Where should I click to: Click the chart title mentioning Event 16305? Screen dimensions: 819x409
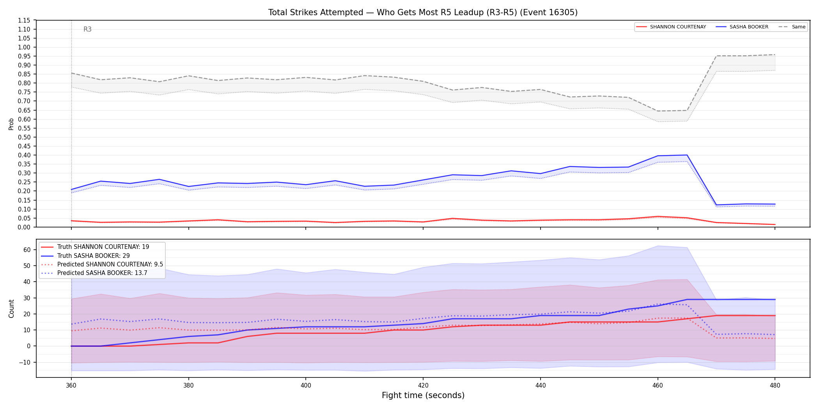[x=423, y=12]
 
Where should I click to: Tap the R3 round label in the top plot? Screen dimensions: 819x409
[x=87, y=29]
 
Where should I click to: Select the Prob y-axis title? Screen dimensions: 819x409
[x=11, y=124]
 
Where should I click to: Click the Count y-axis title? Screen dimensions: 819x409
[x=11, y=309]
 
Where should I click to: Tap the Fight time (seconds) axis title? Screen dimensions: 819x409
[x=423, y=395]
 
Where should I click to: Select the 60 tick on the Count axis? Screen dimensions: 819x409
[x=27, y=250]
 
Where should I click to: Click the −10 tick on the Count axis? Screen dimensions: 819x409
[x=25, y=362]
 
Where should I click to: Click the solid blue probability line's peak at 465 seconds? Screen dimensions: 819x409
[x=687, y=155]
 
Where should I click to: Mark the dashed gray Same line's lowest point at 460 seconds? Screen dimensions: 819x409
[x=658, y=111]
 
